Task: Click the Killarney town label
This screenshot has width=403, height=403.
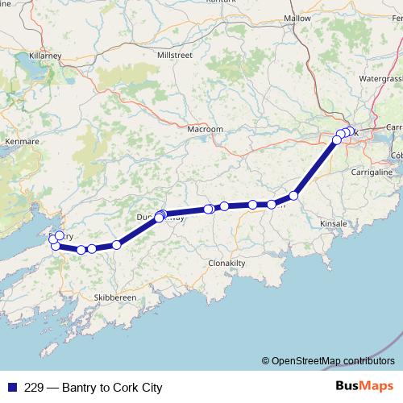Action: click(x=45, y=56)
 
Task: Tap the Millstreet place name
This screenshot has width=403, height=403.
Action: click(x=176, y=55)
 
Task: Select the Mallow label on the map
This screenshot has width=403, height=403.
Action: click(x=297, y=18)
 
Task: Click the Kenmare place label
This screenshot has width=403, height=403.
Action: click(x=21, y=141)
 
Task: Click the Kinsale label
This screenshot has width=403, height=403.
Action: click(x=333, y=222)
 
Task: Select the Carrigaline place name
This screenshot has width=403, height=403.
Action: click(x=372, y=172)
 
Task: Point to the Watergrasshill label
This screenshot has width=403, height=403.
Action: click(x=380, y=79)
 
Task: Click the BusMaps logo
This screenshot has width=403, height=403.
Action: click(x=363, y=387)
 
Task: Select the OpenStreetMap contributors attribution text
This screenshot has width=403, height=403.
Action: click(x=328, y=360)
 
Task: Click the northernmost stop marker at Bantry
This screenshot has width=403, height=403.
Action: click(x=60, y=235)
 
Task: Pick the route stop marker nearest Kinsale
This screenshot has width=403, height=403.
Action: click(x=294, y=195)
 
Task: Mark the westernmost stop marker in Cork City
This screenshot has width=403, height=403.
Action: click(x=337, y=140)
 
